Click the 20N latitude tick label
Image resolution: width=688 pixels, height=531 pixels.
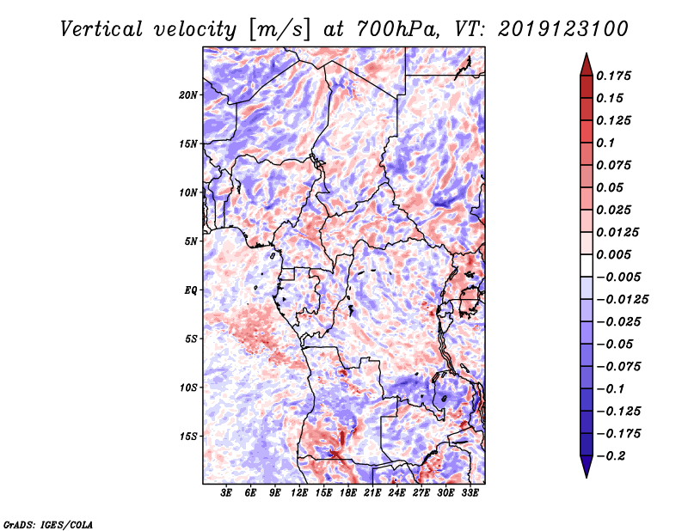pyautogui.click(x=188, y=95)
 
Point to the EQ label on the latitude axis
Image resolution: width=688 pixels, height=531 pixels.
pyautogui.click(x=191, y=290)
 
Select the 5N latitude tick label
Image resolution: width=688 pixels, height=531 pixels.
pyautogui.click(x=191, y=241)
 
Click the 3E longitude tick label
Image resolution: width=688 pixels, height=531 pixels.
pyautogui.click(x=226, y=493)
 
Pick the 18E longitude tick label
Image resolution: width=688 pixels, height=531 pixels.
pyautogui.click(x=348, y=493)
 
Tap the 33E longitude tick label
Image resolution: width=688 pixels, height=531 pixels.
pyautogui.click(x=470, y=493)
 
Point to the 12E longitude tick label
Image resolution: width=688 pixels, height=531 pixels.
pyautogui.click(x=299, y=493)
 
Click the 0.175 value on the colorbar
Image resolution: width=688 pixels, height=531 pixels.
pyautogui.click(x=613, y=76)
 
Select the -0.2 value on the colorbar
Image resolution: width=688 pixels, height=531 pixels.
pyautogui.click(x=611, y=456)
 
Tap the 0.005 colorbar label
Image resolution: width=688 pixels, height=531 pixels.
pyautogui.click(x=613, y=254)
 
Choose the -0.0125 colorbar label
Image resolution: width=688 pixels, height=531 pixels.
pyautogui.click(x=622, y=300)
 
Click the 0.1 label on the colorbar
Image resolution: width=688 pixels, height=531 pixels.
pyautogui.click(x=605, y=143)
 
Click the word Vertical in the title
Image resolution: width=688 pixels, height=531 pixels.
pyautogui.click(x=101, y=29)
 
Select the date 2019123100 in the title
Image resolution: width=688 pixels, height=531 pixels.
pyautogui.click(x=563, y=29)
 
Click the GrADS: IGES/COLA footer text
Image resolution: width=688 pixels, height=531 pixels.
pyautogui.click(x=48, y=524)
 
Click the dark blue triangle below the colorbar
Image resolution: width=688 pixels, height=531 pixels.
pyautogui.click(x=587, y=465)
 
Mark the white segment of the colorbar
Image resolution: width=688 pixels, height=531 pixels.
pyautogui.click(x=587, y=265)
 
